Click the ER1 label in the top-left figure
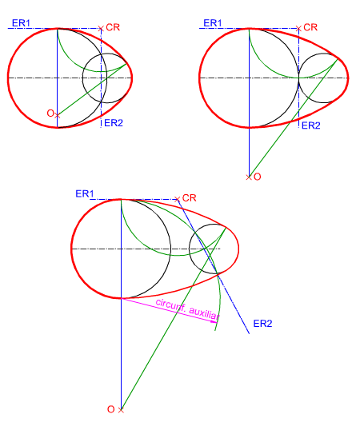pos(21,23)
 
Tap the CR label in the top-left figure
pos(113,27)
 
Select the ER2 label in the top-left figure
pos(114,123)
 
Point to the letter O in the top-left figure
pos(50,113)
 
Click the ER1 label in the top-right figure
pos(213,23)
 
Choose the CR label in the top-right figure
pos(310,27)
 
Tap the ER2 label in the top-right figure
pos(311,125)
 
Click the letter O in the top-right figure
pos(258,177)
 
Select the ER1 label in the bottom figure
pos(85,193)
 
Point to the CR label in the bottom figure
pos(189,198)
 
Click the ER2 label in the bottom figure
pos(262,323)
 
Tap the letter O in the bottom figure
pos(111,409)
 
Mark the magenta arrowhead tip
pos(217,321)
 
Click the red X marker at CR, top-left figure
pos(101,28)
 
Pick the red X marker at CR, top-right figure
pos(298,28)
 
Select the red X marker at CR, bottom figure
pos(177,200)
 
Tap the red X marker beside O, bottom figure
pos(121,410)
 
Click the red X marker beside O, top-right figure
pos(249,177)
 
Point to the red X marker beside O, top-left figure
pos(57,116)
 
